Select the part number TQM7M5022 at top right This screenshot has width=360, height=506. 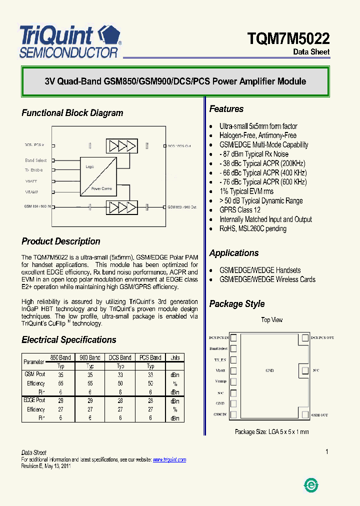point(288,38)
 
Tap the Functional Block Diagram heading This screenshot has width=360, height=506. point(72,113)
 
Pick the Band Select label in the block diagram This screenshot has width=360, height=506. point(36,160)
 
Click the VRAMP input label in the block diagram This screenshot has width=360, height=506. point(32,192)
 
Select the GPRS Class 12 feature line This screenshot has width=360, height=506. point(240,210)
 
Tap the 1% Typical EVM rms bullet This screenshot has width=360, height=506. point(246,191)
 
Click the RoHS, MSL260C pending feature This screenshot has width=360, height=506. point(253,228)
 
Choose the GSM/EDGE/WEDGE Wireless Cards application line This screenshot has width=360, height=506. point(267,279)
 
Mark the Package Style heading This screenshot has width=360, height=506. point(237,304)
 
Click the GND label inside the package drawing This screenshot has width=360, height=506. point(270,370)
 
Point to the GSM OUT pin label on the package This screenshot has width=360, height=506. point(319,415)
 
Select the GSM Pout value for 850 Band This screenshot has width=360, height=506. point(61,374)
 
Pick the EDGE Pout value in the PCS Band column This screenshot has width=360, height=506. point(150,400)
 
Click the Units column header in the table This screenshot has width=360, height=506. point(175,357)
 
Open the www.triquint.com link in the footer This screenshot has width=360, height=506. point(169,459)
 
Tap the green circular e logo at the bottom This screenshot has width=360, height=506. point(311,484)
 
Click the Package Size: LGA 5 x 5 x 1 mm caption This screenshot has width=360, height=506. point(271,431)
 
